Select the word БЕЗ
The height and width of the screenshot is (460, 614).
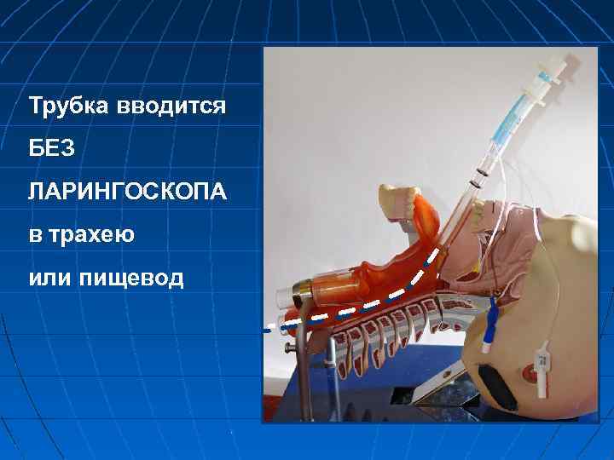52,149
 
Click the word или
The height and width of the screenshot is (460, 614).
49,277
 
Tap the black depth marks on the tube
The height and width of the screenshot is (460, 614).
482,174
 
